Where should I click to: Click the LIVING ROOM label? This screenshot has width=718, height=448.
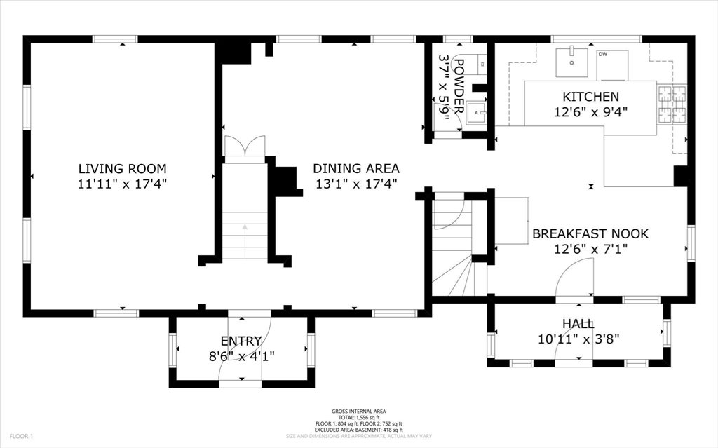122,168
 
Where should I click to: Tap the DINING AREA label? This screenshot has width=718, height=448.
355,168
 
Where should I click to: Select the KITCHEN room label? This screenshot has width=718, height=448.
590,97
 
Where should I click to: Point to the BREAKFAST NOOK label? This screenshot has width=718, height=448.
590,234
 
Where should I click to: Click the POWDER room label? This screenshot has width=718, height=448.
459,86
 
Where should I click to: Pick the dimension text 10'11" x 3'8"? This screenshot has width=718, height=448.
578,339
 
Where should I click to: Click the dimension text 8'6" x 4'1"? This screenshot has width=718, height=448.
241,356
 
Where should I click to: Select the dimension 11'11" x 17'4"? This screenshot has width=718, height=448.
122,184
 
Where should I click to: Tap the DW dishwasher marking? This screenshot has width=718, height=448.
602,55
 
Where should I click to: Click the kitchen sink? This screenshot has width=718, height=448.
571,62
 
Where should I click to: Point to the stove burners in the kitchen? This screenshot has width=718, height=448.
672,105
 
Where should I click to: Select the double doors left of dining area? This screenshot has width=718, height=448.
245,146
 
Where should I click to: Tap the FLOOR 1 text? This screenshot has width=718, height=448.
22,436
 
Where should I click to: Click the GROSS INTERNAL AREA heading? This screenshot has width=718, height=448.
358,412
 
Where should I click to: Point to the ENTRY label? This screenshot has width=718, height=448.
241,341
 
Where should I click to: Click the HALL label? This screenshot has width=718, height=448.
578,324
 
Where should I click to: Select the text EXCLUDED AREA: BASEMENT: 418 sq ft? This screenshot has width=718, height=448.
358,430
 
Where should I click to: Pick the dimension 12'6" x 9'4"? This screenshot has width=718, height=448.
590,111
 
